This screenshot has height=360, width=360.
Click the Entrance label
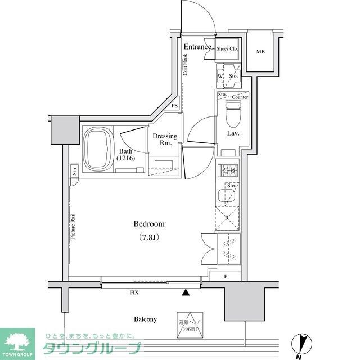point(197,47)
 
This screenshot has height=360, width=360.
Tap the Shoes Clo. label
point(228,49)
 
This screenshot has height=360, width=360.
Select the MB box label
point(260,52)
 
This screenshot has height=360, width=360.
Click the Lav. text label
point(233,133)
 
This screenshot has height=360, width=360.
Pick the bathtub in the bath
point(100,148)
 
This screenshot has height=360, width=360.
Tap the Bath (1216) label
point(126,155)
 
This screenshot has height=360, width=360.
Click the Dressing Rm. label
point(165,140)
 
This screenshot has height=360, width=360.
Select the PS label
point(174,106)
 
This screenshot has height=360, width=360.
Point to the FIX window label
point(134,293)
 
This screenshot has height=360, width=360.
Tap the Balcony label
point(145,319)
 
